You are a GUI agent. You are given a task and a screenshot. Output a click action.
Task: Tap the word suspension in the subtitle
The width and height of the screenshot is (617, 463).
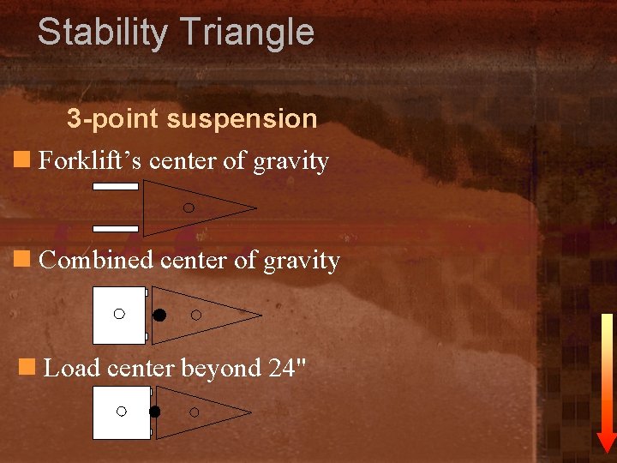pyautogui.click(x=242, y=119)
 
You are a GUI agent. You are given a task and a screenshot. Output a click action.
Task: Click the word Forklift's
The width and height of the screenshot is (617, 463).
pyautogui.click(x=91, y=161)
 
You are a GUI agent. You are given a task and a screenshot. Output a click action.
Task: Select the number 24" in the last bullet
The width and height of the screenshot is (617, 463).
pyautogui.click(x=287, y=368)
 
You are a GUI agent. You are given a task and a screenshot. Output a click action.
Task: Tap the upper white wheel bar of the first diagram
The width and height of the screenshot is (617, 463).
pyautogui.click(x=116, y=186)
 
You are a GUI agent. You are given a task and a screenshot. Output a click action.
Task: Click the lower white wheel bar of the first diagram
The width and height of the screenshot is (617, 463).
pyautogui.click(x=116, y=229)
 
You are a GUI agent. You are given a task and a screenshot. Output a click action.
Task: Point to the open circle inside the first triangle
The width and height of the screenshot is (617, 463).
pyautogui.click(x=189, y=207)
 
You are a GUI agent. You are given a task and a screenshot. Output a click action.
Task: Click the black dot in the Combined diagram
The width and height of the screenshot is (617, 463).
pyautogui.click(x=159, y=315)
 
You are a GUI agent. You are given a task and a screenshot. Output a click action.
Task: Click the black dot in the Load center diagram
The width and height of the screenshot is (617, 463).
pyautogui.click(x=154, y=412)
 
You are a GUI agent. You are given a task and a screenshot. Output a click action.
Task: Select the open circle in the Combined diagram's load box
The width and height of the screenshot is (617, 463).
pyautogui.click(x=119, y=314)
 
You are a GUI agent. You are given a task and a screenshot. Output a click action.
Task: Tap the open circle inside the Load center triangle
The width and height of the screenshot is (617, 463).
pyautogui.click(x=194, y=412)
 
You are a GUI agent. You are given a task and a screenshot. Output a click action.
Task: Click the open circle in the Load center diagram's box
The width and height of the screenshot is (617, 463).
pyautogui.click(x=122, y=412)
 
